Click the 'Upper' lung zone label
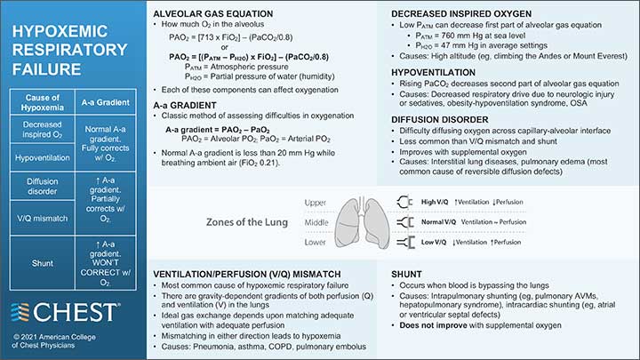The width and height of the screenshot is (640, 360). [x=316, y=203]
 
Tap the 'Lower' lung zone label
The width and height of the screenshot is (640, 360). [x=316, y=241]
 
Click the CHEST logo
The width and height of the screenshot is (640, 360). [x=64, y=311]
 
